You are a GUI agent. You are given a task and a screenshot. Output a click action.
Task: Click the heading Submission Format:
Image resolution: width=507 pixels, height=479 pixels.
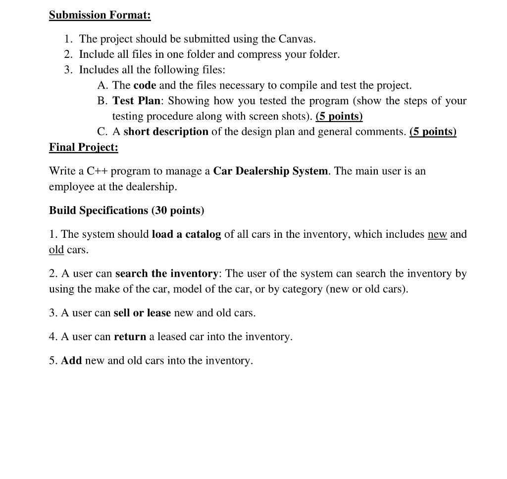(100, 15)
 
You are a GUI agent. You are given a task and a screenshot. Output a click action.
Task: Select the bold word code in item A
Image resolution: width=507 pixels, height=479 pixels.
(145, 86)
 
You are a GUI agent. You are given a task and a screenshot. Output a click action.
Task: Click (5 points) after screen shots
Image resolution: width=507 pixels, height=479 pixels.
(339, 117)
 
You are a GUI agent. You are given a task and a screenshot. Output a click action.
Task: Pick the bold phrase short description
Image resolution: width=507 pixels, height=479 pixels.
(166, 132)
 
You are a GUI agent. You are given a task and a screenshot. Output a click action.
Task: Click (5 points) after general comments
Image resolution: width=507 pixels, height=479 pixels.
(433, 132)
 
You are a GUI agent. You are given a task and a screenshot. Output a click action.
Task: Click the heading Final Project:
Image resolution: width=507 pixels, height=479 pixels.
(84, 147)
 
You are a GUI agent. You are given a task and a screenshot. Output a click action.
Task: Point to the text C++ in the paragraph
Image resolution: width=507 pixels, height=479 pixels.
(97, 171)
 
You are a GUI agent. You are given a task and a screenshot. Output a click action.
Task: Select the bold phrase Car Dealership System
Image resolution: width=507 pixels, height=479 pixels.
(271, 171)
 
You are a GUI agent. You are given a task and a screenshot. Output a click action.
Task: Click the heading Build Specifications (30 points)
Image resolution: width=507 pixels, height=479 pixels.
(126, 211)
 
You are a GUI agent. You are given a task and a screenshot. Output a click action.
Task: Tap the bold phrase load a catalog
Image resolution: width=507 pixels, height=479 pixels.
(186, 234)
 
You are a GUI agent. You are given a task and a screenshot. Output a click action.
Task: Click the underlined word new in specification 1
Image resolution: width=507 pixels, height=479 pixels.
(437, 234)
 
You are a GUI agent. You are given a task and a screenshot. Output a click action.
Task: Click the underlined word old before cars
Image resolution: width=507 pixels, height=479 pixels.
(56, 250)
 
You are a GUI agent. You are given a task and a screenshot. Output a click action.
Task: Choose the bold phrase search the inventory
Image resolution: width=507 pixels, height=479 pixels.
(167, 274)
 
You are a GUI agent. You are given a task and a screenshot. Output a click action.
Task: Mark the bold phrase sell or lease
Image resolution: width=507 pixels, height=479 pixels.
(142, 313)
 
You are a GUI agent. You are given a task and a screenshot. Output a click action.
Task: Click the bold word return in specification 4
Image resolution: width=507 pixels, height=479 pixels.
(130, 337)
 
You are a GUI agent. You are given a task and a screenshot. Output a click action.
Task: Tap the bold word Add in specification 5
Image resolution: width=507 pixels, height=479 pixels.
(71, 361)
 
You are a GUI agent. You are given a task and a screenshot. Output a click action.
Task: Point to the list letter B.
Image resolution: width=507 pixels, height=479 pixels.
(102, 101)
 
